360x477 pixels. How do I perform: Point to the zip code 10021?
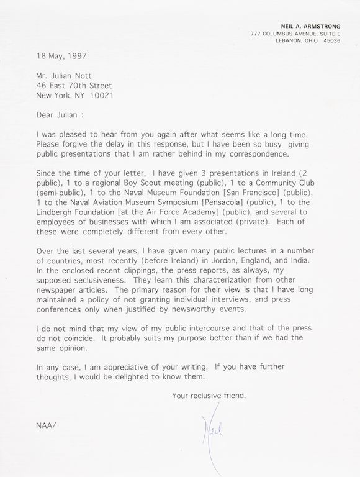click(x=102, y=96)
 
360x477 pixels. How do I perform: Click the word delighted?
click(x=133, y=376)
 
